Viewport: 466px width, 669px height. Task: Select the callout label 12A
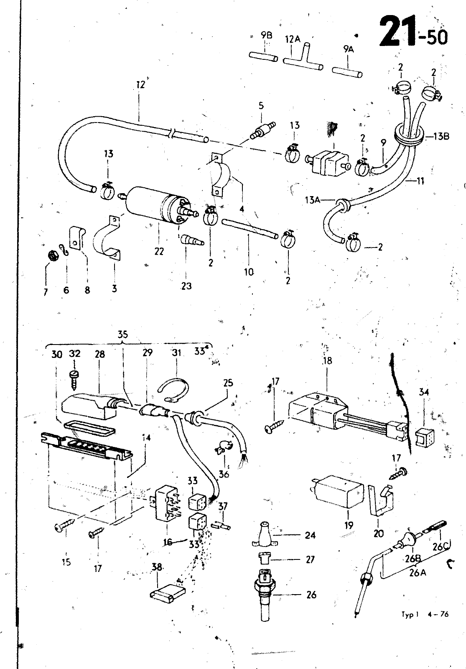(x=293, y=39)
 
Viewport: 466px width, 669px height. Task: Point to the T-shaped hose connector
(x=303, y=59)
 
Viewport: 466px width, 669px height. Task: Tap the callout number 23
(x=186, y=286)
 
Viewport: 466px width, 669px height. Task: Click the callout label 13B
(x=441, y=136)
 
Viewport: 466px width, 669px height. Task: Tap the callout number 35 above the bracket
(x=122, y=334)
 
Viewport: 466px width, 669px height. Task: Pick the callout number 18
(x=327, y=360)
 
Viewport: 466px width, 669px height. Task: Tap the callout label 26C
(x=439, y=546)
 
